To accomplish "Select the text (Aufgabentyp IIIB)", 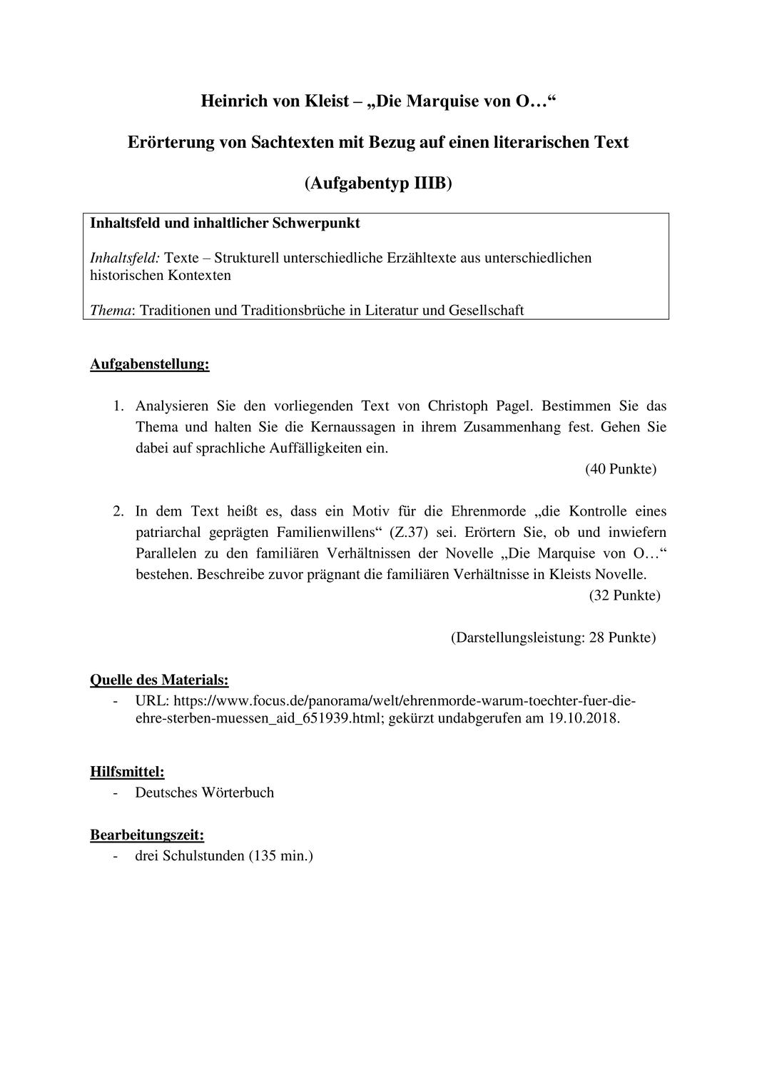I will click(x=378, y=183).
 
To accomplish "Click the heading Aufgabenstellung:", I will click(x=150, y=365).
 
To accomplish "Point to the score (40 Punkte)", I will click(x=621, y=469).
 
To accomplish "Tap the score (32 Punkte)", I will click(x=624, y=595).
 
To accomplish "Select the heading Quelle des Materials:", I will click(x=159, y=680).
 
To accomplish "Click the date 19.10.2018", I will click(x=583, y=718).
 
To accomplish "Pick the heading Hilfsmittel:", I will click(x=128, y=772).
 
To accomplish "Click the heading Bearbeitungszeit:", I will click(x=147, y=835).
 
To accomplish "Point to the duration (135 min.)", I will click(x=280, y=855).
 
